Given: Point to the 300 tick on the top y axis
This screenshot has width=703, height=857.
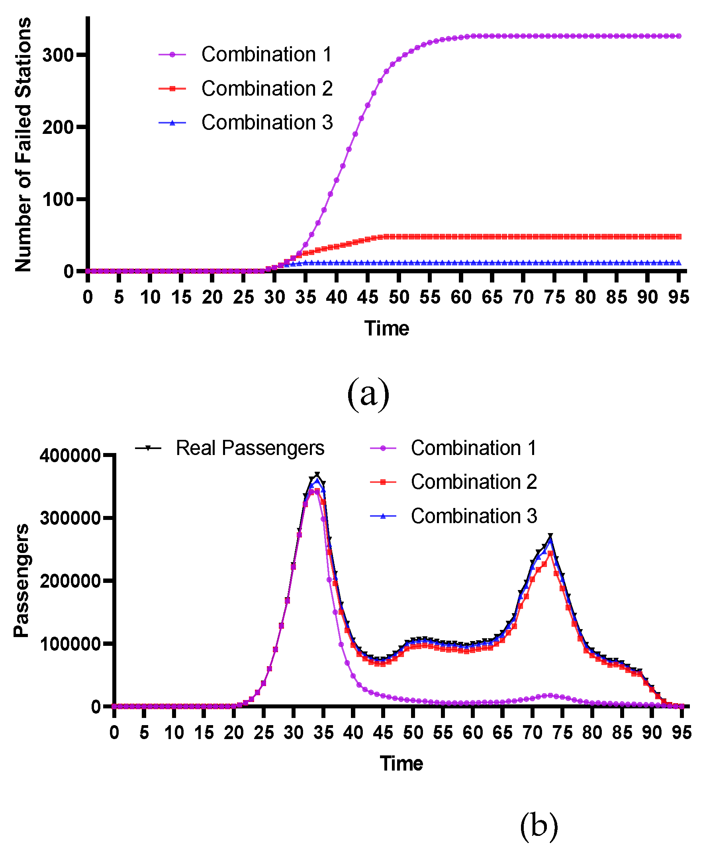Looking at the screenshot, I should (57, 55).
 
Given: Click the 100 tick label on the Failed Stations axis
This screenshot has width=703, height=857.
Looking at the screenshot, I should (57, 199).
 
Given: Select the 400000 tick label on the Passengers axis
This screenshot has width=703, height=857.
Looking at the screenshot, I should (70, 456).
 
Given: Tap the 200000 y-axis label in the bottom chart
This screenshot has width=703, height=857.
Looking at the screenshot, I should (70, 581).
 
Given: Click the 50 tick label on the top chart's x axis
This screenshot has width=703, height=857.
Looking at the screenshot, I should (399, 298).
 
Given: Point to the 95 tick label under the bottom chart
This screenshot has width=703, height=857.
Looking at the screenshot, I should (681, 733).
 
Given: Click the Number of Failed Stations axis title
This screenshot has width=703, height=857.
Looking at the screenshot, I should (23, 145).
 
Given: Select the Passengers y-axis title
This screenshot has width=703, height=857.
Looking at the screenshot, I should (21, 580).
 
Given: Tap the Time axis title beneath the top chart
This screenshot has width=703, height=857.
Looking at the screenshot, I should (386, 328).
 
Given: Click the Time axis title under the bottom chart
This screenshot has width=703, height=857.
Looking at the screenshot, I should (401, 763).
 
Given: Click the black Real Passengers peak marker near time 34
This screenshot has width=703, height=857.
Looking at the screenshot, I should (317, 475).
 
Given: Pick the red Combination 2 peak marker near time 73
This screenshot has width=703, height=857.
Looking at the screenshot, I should (550, 553).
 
